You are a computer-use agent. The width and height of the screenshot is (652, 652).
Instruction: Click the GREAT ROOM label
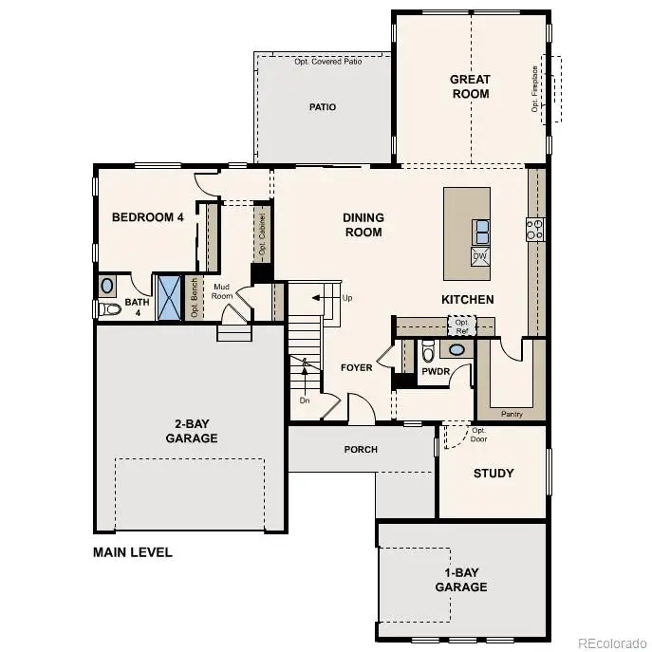tap(470, 86)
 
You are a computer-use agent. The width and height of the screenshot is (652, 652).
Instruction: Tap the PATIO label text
tap(323, 107)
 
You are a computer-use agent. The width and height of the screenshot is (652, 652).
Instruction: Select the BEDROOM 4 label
tap(148, 217)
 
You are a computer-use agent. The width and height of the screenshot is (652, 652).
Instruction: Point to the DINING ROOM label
tap(363, 225)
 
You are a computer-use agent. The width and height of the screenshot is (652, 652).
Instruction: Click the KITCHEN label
tap(467, 300)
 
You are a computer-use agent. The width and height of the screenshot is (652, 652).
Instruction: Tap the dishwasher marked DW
tap(480, 256)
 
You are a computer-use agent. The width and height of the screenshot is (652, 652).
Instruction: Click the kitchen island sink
tap(481, 229)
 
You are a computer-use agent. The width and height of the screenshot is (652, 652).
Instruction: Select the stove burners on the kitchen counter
tap(535, 229)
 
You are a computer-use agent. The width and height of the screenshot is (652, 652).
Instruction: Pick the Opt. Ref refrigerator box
tap(462, 326)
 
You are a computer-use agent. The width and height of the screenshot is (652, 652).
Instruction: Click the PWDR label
tap(435, 373)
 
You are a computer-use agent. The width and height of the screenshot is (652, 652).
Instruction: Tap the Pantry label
tap(512, 414)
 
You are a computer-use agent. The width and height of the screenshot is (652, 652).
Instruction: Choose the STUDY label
tap(493, 473)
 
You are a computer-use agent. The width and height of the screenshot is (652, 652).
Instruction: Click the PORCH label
tap(361, 450)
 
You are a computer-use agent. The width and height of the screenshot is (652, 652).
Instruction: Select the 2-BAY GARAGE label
tap(191, 432)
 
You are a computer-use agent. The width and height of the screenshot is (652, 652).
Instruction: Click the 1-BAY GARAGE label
tap(462, 580)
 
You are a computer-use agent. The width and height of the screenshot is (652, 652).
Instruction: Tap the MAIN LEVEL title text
tap(132, 552)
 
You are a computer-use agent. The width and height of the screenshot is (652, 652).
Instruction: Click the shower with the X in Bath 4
tap(170, 298)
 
